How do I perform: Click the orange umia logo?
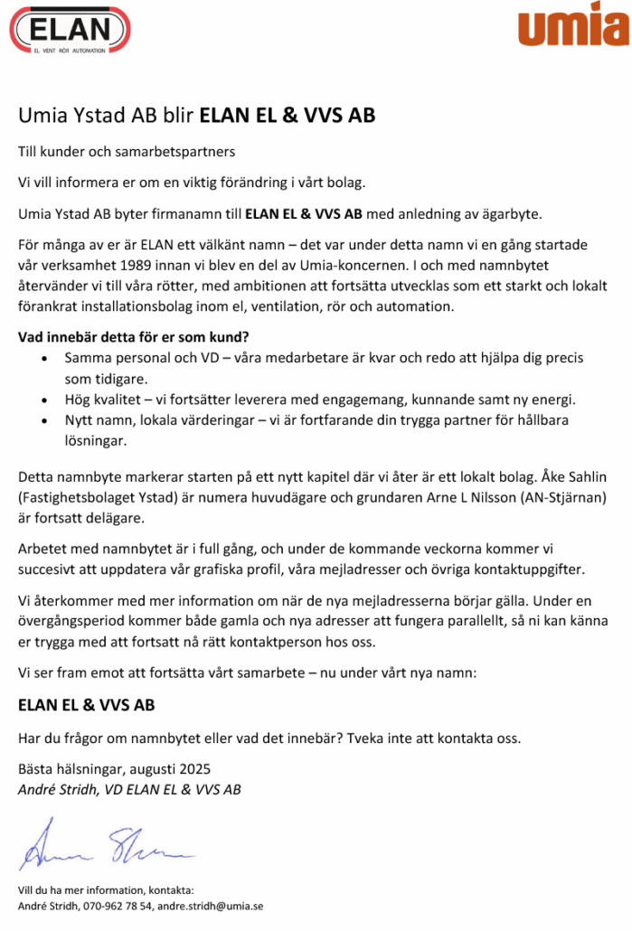(x=573, y=24)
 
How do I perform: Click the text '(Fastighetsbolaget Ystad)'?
(x=96, y=498)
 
